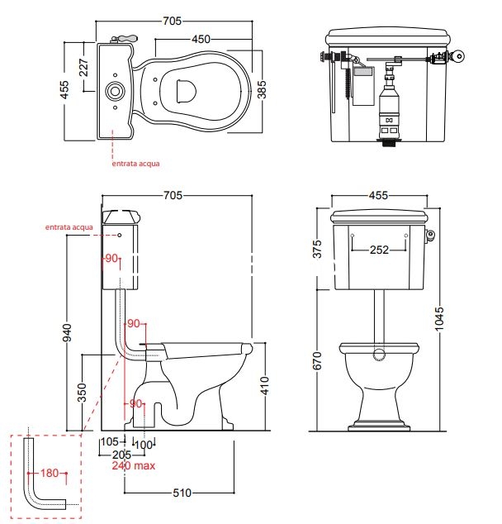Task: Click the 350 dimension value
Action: pos(82,391)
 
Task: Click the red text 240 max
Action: pos(134,465)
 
